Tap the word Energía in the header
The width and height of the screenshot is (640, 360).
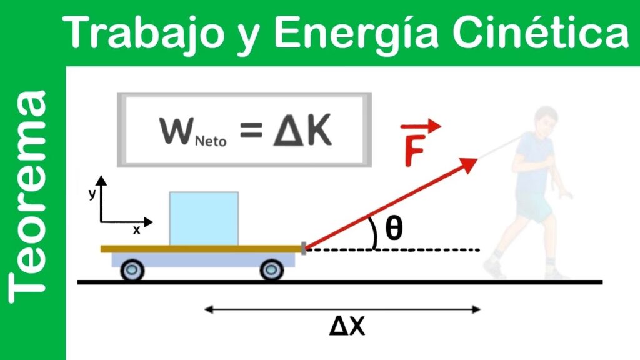[356, 32]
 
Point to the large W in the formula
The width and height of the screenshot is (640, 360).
[176, 131]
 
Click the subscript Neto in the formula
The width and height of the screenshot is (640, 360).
[211, 141]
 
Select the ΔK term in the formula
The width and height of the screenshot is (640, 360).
[302, 131]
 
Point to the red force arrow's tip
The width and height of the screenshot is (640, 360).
[477, 159]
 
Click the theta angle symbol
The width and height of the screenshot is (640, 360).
[394, 228]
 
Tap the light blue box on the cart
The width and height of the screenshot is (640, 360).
[204, 218]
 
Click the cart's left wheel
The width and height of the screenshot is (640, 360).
[132, 270]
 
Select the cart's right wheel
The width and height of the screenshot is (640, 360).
[272, 270]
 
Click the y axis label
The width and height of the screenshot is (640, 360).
[92, 194]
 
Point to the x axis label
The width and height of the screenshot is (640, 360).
[136, 230]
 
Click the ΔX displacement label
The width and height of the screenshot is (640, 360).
[347, 326]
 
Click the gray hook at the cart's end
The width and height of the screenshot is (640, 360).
[304, 248]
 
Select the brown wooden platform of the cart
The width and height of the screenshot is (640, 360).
[201, 249]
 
